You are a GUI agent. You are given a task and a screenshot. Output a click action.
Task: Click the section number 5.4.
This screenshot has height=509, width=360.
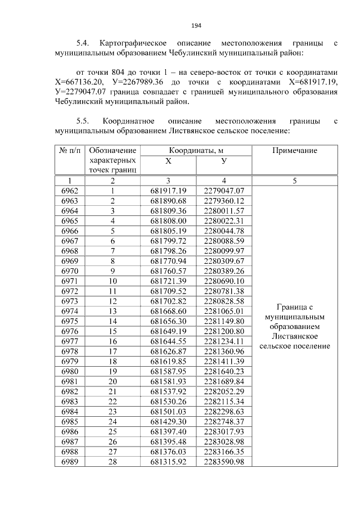pyautogui.click(x=83, y=43)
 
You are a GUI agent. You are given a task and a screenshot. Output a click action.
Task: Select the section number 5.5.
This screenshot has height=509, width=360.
pyautogui.click(x=83, y=121)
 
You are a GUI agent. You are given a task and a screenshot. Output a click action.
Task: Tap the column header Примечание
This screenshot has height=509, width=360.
pyautogui.click(x=294, y=151)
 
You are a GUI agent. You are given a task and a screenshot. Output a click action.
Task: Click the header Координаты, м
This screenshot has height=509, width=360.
pyautogui.click(x=196, y=151)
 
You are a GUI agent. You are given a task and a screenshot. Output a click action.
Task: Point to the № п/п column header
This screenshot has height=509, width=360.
pyautogui.click(x=70, y=151)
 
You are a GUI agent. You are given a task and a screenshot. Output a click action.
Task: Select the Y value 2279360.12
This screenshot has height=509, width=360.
pyautogui.click(x=223, y=201)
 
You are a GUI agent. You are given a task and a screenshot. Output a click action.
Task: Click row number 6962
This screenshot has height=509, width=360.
pyautogui.click(x=70, y=191)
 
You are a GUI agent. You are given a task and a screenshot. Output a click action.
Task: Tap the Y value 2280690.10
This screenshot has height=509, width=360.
pyautogui.click(x=223, y=281)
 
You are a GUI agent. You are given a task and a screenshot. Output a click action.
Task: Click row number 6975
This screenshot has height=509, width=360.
pyautogui.click(x=70, y=321)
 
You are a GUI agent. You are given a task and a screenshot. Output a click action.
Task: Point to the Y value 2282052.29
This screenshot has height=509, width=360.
pyautogui.click(x=223, y=391)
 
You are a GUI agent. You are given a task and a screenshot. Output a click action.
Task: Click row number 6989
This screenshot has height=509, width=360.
pyautogui.click(x=70, y=461)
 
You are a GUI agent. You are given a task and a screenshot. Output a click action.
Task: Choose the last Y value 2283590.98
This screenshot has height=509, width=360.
pyautogui.click(x=223, y=461)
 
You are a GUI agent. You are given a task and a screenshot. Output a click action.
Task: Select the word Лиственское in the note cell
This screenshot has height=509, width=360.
pyautogui.click(x=294, y=336)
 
